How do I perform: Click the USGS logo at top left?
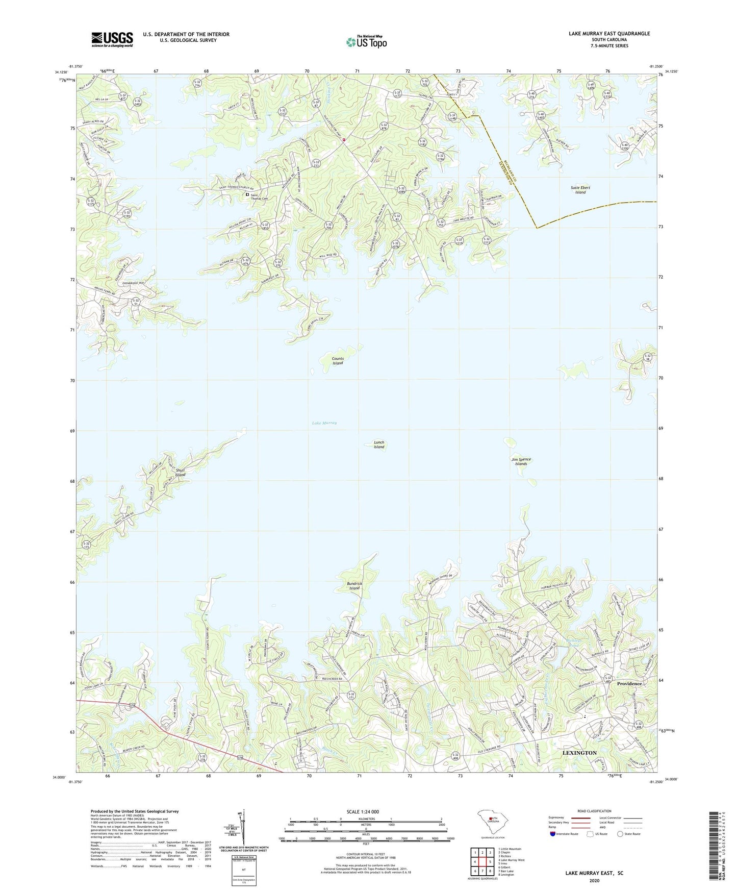112,39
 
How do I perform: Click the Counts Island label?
338,361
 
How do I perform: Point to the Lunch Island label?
379,444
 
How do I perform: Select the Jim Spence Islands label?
521,461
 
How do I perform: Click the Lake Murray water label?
324,423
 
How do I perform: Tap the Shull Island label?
180,473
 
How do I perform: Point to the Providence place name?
629,683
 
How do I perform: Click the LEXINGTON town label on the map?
579,753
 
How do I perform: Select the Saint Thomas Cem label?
260,196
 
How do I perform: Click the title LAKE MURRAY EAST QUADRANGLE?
609,34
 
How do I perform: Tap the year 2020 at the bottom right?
594,880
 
